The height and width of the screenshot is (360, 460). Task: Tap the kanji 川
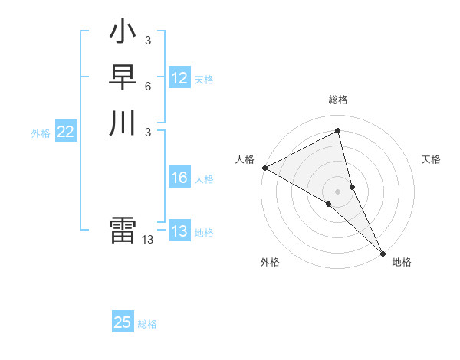coord(123,123)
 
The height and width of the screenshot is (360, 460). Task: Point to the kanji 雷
coord(123,231)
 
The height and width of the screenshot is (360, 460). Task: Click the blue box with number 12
coord(179,78)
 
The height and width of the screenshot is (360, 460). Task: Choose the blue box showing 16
coord(179,178)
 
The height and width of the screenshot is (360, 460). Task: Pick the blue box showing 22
coord(66,132)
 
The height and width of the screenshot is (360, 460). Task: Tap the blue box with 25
coord(123,322)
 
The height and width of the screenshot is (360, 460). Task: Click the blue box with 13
coord(179,231)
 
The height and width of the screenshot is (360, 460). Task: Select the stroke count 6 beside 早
coord(148,86)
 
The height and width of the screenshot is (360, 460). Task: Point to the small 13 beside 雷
coord(148,240)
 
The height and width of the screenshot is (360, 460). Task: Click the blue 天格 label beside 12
coord(204,80)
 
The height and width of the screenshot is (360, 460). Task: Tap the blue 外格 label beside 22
coord(41,133)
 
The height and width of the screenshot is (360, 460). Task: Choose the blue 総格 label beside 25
coord(147,324)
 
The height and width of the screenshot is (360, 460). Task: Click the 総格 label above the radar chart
coord(338,100)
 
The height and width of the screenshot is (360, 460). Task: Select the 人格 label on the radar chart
coord(245,159)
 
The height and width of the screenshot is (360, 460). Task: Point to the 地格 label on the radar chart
coord(402,262)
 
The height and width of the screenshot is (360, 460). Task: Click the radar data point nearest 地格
coord(382,252)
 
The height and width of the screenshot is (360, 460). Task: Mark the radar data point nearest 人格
coord(264,168)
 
